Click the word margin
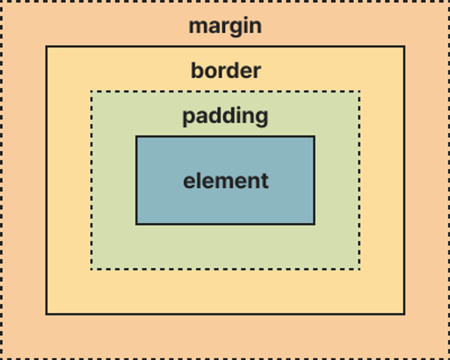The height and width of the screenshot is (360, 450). [x=225, y=27]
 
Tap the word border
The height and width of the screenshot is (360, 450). [x=226, y=71]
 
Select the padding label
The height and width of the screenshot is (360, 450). [x=226, y=116]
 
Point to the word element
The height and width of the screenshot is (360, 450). [x=226, y=181]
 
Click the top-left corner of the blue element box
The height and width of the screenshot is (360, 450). [x=136, y=136]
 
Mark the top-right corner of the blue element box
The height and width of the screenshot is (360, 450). [x=314, y=136]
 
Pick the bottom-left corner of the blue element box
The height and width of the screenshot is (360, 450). [x=136, y=224]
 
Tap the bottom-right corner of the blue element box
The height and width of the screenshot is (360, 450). [x=314, y=224]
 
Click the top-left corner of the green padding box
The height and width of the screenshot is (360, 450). [x=91, y=91]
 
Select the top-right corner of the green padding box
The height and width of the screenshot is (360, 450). [x=360, y=91]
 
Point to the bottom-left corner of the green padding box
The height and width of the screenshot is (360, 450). [x=91, y=269]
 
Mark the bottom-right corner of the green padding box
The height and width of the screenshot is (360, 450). [x=360, y=269]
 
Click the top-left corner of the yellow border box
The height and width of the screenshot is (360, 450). [x=46, y=46]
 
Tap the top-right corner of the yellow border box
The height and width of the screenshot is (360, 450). [x=404, y=46]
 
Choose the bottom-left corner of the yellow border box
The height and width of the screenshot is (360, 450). [x=46, y=314]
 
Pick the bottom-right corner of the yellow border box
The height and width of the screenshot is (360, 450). [x=404, y=314]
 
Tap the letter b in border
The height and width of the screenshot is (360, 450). [x=197, y=71]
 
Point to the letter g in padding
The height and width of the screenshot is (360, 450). [x=261, y=118]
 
